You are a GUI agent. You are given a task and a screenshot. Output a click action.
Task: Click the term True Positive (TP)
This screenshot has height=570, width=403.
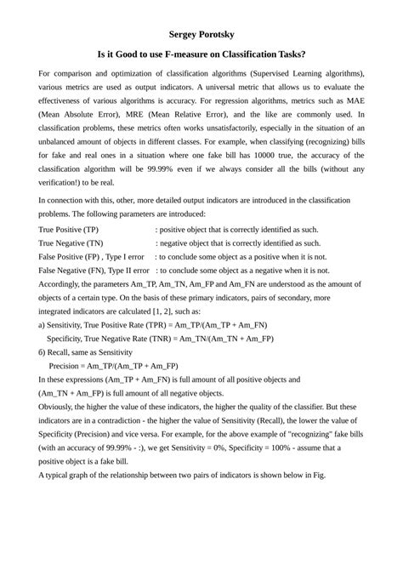(69, 230)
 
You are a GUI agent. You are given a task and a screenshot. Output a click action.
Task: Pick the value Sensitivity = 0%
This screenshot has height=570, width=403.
(195, 447)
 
